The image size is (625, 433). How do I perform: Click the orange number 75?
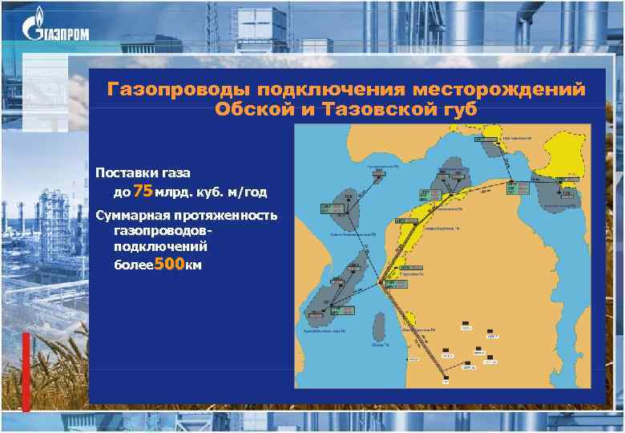pyautogui.click(x=142, y=191)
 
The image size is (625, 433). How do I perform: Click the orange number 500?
pyautogui.click(x=167, y=265)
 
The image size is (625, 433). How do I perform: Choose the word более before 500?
pyautogui.click(x=131, y=265)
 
